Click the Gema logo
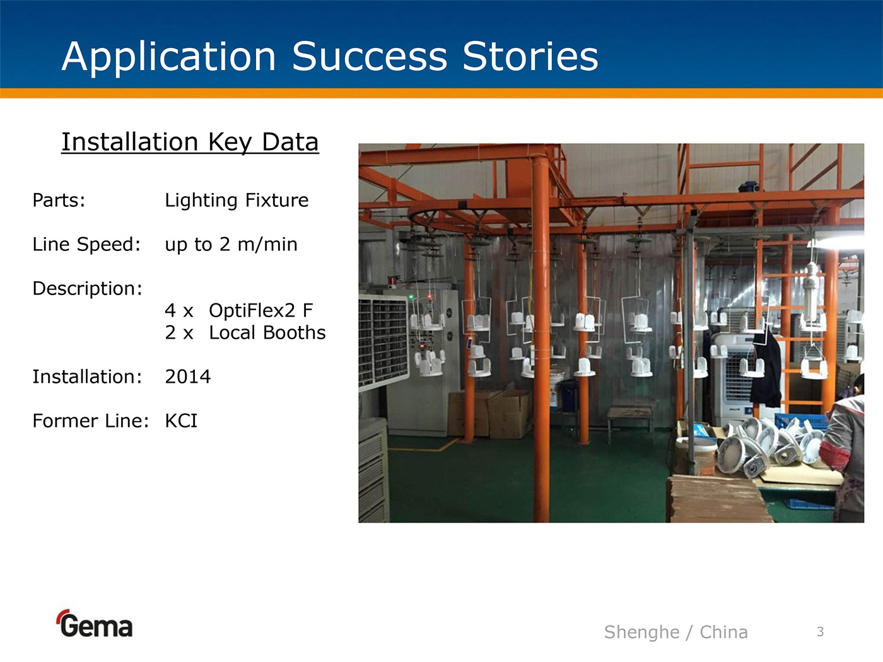(95, 623)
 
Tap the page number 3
(820, 632)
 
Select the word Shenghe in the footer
(641, 632)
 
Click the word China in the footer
(723, 632)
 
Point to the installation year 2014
(187, 376)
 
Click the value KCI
(181, 421)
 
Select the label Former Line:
(91, 421)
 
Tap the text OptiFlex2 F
(260, 310)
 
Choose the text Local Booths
(267, 332)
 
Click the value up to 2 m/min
(231, 245)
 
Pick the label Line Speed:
(86, 245)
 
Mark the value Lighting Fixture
(237, 200)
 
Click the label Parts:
(59, 200)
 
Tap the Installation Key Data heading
(190, 142)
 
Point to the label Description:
(87, 289)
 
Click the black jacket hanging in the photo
(766, 369)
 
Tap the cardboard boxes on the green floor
(490, 413)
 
